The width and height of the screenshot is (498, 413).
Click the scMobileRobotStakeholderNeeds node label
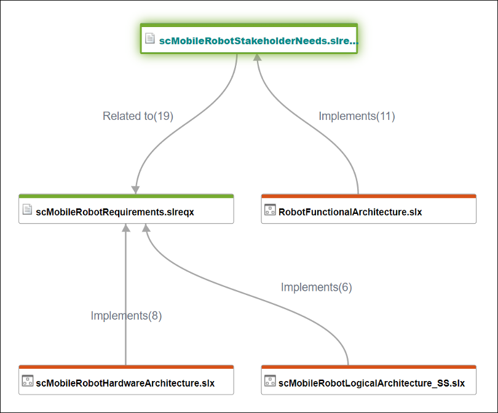(258, 41)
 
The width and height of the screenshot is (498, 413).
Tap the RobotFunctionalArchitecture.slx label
(350, 212)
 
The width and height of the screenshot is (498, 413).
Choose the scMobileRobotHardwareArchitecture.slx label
(125, 383)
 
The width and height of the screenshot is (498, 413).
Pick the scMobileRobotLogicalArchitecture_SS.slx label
(371, 383)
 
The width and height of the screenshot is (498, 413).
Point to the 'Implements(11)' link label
(357, 116)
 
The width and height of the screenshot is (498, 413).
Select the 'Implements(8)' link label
(126, 316)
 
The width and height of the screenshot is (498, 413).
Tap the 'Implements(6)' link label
(316, 287)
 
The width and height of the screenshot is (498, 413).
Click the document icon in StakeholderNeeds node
(149, 39)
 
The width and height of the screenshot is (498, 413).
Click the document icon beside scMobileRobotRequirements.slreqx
(27, 210)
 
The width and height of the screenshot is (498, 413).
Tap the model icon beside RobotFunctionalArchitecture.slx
(269, 210)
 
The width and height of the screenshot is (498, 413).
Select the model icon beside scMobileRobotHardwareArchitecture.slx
(27, 381)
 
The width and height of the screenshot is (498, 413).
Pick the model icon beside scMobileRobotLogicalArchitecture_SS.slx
(269, 381)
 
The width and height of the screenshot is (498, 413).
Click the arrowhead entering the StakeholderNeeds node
(258, 57)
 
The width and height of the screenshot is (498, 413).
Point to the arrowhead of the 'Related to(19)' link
(135, 189)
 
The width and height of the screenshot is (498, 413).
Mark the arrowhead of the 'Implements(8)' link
(125, 228)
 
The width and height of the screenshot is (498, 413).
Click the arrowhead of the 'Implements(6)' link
(146, 228)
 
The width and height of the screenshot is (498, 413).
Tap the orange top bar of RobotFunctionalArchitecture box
(369, 196)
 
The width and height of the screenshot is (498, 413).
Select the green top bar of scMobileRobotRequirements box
(126, 196)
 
